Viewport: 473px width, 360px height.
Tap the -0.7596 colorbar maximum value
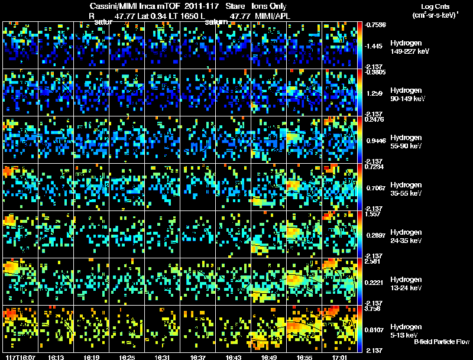375,25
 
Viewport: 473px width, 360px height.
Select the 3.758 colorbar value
374,308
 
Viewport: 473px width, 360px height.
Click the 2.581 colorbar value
374,261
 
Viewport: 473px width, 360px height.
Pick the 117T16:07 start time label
20,357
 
